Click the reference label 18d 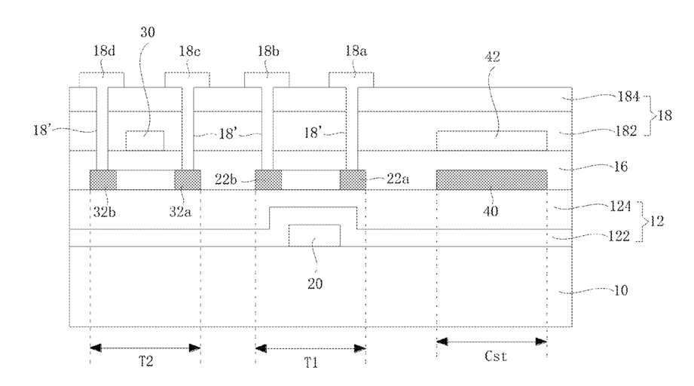click(104, 51)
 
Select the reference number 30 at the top click(148, 32)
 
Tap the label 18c click(189, 51)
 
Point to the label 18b click(269, 51)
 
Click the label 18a click(356, 51)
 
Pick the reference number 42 click(493, 57)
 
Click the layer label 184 click(628, 96)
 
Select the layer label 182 click(626, 130)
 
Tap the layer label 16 click(620, 167)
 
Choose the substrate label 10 click(620, 290)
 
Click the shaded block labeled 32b click(103, 179)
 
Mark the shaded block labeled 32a click(188, 179)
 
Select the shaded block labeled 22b click(268, 179)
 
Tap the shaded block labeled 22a click(353, 179)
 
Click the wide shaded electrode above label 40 click(492, 179)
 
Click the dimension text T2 click(146, 362)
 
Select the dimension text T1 click(310, 363)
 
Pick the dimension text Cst click(495, 357)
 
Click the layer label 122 click(619, 237)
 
